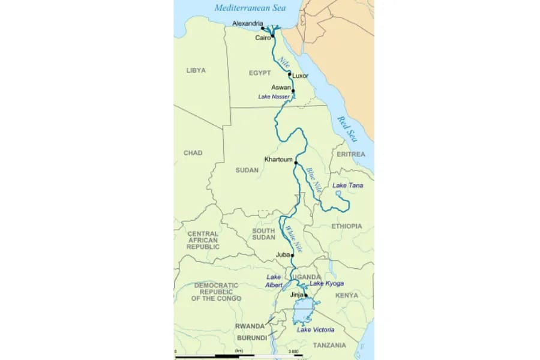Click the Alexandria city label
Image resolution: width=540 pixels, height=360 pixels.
click(x=247, y=24)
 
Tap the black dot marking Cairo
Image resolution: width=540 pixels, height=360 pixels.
click(x=272, y=37)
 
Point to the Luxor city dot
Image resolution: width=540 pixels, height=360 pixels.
click(x=290, y=75)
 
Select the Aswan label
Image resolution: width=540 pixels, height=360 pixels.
click(x=281, y=88)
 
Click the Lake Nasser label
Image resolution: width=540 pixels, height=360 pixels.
click(x=274, y=97)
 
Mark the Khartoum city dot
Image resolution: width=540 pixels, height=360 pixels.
click(x=296, y=162)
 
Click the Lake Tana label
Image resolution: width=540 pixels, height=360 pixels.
click(x=347, y=186)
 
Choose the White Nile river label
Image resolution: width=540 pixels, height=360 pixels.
click(x=294, y=238)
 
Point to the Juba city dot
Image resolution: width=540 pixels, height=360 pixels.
click(x=293, y=254)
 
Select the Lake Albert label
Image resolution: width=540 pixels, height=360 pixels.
click(x=274, y=281)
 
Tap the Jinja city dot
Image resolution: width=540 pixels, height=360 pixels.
click(x=306, y=295)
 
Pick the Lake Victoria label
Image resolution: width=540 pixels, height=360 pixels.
click(x=316, y=330)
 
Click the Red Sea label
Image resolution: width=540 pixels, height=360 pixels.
click(x=347, y=128)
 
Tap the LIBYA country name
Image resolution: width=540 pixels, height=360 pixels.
click(x=196, y=70)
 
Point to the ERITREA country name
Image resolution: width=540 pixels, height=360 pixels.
click(x=350, y=154)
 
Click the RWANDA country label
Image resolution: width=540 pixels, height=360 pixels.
click(x=250, y=326)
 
